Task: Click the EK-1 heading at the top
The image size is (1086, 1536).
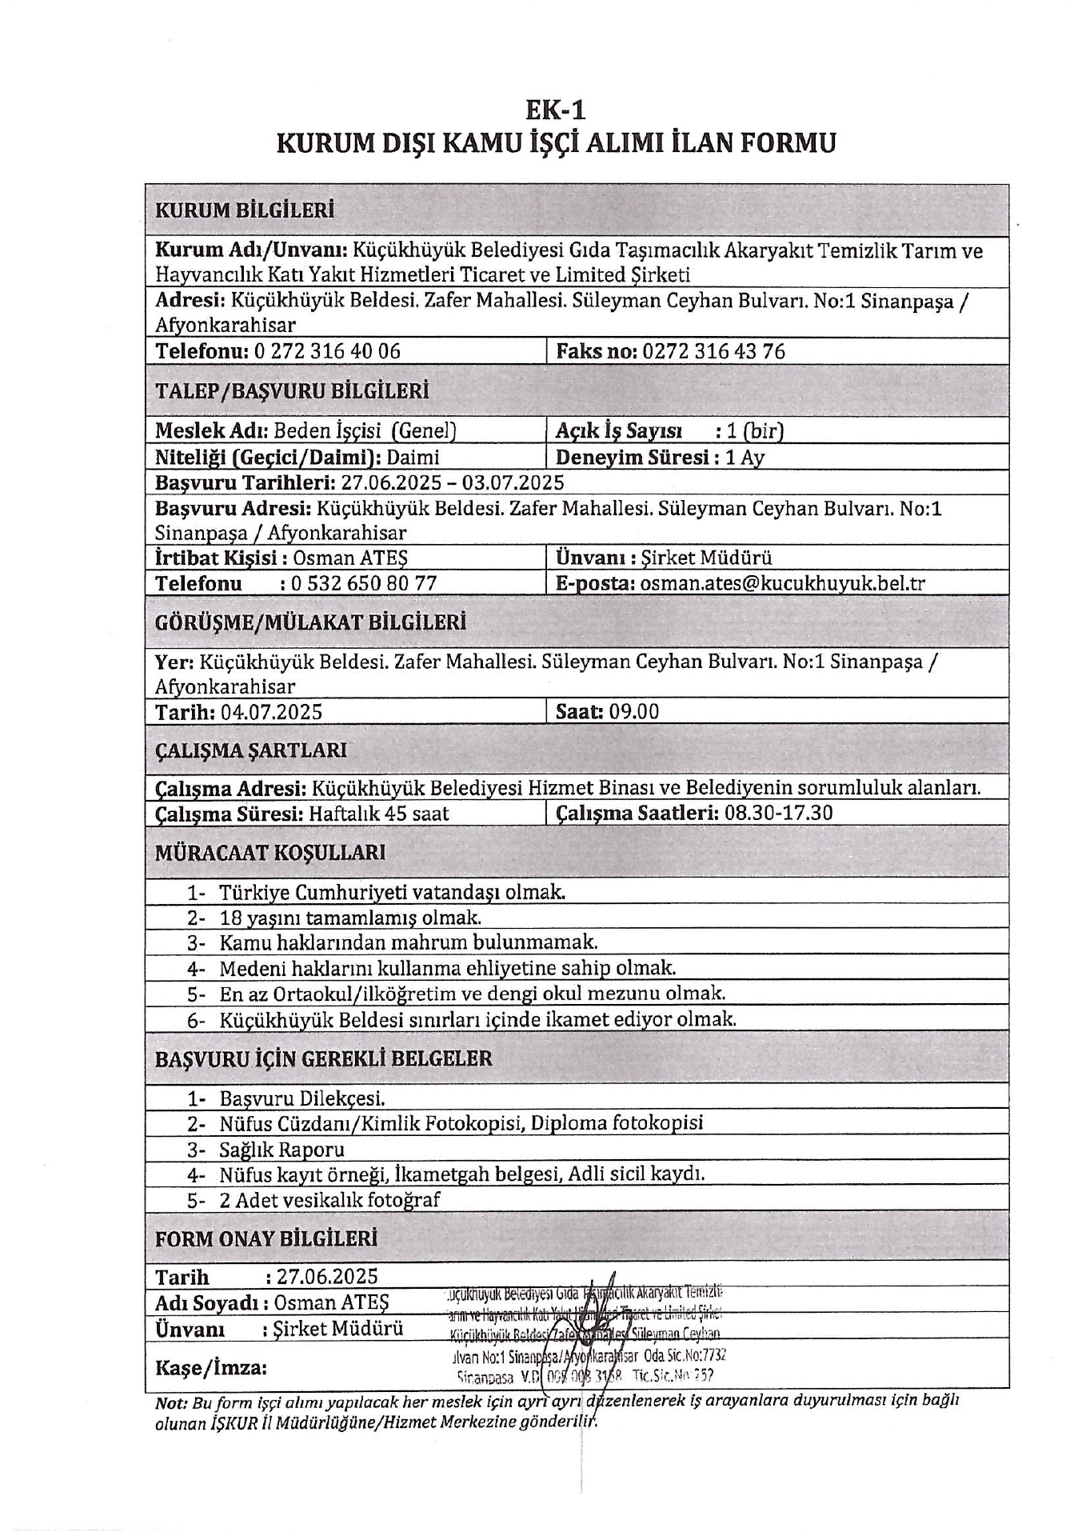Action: tap(555, 108)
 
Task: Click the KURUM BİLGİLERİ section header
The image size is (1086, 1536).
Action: tap(244, 210)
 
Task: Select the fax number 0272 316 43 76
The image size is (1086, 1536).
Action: tap(713, 351)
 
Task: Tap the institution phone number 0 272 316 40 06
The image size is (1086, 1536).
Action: tap(327, 351)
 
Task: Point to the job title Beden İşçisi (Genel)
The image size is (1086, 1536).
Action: tap(365, 431)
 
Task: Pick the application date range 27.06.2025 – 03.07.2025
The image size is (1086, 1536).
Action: tap(452, 482)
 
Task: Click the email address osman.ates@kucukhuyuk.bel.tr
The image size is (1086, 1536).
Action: tap(781, 583)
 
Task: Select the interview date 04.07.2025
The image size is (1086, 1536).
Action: tap(271, 712)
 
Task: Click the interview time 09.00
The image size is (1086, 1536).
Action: tap(633, 712)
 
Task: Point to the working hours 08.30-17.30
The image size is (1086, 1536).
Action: tap(778, 814)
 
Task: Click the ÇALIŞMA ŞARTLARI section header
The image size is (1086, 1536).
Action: tap(250, 750)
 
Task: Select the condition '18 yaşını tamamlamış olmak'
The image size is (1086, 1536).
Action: tap(350, 918)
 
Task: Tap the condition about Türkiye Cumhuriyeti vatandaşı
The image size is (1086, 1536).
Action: tap(392, 892)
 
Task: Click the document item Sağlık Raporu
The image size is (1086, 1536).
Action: tap(281, 1150)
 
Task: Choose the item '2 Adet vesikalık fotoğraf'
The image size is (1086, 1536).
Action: tap(329, 1200)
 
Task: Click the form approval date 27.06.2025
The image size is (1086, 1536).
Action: tap(327, 1276)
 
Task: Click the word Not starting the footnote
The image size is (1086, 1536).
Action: tap(170, 1401)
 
